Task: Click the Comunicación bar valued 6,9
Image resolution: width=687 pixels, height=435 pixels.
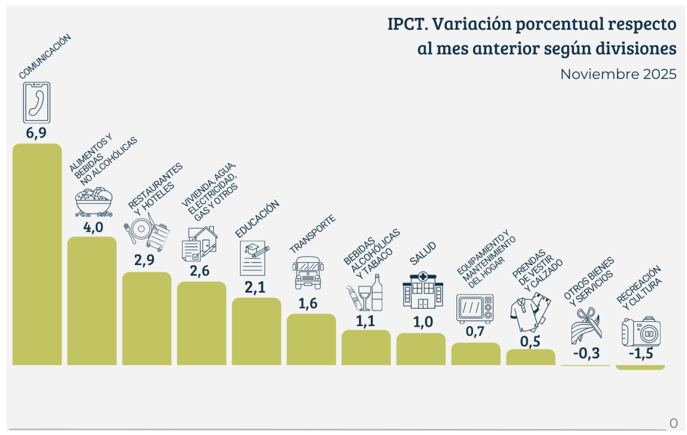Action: (37, 254)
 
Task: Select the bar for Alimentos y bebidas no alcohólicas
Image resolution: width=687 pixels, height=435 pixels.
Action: (92, 300)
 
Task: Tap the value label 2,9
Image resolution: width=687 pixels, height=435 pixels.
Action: (144, 260)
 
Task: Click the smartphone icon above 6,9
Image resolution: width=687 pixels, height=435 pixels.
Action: (36, 102)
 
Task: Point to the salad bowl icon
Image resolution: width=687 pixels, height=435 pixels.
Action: (93, 201)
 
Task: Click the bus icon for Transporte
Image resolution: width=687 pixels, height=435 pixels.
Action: (307, 272)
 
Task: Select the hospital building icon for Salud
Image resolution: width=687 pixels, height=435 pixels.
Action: (423, 290)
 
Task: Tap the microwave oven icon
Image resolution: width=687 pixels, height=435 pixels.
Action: (476, 308)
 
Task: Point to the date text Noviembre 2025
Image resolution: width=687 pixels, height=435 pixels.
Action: (618, 75)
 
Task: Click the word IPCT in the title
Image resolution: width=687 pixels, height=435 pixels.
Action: (405, 25)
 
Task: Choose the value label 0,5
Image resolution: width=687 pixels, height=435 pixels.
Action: (529, 341)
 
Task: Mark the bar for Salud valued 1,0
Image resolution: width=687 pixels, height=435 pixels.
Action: (421, 349)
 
